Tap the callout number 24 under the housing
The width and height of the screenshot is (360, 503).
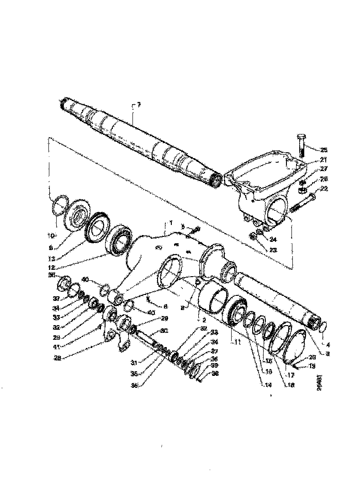click(273, 239)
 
